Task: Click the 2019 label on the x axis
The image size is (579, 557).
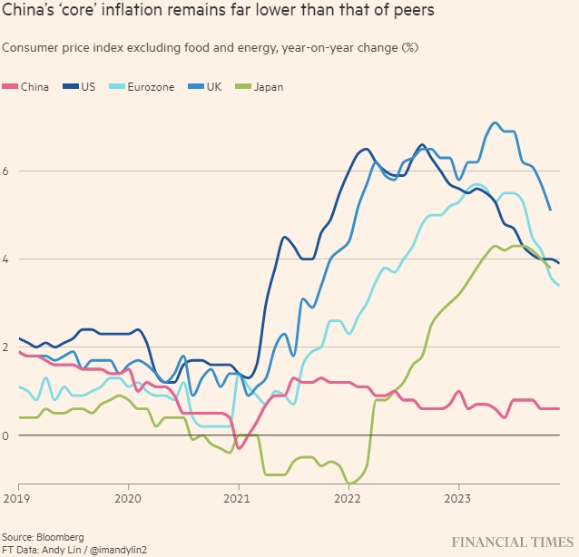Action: click(x=18, y=499)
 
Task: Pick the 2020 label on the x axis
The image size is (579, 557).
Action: click(x=128, y=499)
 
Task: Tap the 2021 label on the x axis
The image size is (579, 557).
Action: click(x=238, y=499)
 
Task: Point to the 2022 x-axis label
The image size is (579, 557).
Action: click(x=348, y=499)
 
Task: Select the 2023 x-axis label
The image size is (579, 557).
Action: click(x=458, y=499)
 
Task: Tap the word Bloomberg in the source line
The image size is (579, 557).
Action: click(x=62, y=537)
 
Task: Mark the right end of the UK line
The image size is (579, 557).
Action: click(x=550, y=210)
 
